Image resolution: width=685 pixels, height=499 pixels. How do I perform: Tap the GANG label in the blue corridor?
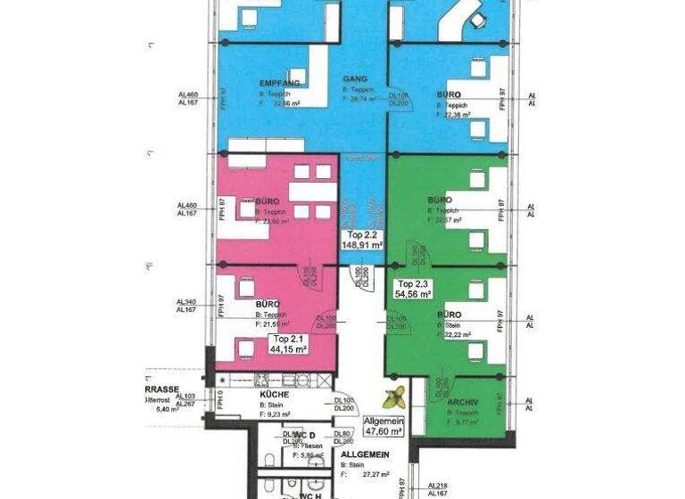coord(355,78)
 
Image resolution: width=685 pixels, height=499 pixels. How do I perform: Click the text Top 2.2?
coord(362,233)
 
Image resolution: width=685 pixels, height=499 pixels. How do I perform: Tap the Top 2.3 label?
coord(413,282)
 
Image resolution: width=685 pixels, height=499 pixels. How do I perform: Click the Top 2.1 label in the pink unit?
coord(288,339)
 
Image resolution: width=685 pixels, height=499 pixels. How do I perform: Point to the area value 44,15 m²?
coord(288,349)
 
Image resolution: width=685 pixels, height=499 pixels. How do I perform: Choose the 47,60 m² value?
coord(384,430)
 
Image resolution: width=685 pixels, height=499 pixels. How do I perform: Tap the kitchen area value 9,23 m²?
coord(275,413)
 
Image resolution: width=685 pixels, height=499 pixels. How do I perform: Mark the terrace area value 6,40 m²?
coord(168,410)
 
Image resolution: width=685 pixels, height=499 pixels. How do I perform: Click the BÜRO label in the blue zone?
coord(450,93)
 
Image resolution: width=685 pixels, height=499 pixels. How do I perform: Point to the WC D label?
coord(306,434)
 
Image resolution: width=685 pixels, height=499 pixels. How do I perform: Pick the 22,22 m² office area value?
coord(458,335)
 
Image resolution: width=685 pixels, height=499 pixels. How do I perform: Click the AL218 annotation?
coord(437,485)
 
